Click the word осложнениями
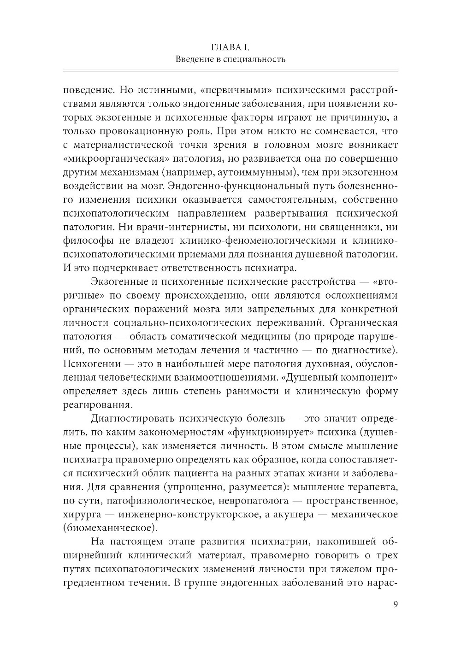pos(355,295)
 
